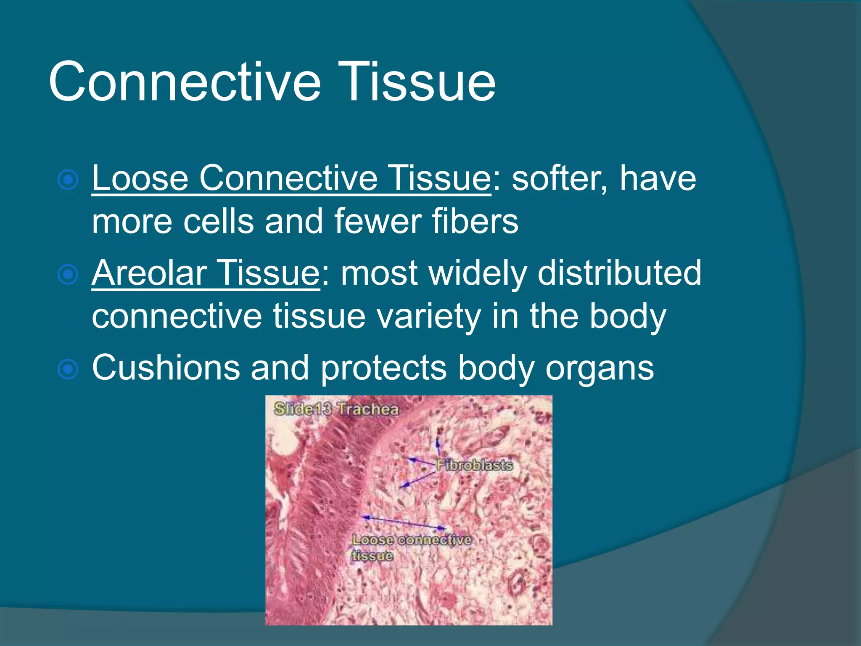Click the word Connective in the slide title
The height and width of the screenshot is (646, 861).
pos(185,82)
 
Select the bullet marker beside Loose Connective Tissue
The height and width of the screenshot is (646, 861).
pos(68,180)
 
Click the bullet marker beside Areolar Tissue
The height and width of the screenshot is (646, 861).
pos(68,275)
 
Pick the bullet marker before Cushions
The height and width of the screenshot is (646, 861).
pos(68,369)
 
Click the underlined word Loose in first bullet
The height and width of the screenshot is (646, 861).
pos(140,178)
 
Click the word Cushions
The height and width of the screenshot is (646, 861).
pos(166,368)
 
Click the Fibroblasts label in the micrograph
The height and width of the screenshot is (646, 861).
pos(474,465)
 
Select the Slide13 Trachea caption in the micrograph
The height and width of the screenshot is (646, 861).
pos(336,409)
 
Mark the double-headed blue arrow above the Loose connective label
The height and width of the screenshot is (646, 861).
pos(404,522)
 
